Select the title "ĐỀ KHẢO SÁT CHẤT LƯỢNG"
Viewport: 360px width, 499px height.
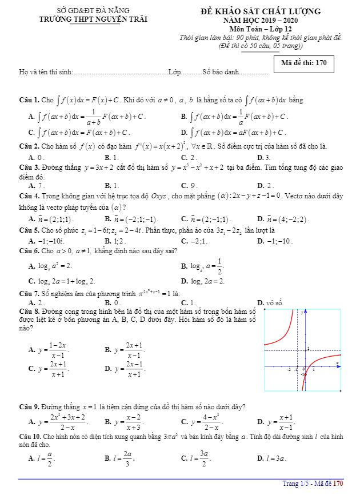(260, 11)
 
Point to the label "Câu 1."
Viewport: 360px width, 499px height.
(29, 100)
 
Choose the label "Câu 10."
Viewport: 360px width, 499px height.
(30, 436)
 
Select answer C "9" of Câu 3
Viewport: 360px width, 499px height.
(189, 185)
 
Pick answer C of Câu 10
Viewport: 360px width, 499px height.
(194, 458)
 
